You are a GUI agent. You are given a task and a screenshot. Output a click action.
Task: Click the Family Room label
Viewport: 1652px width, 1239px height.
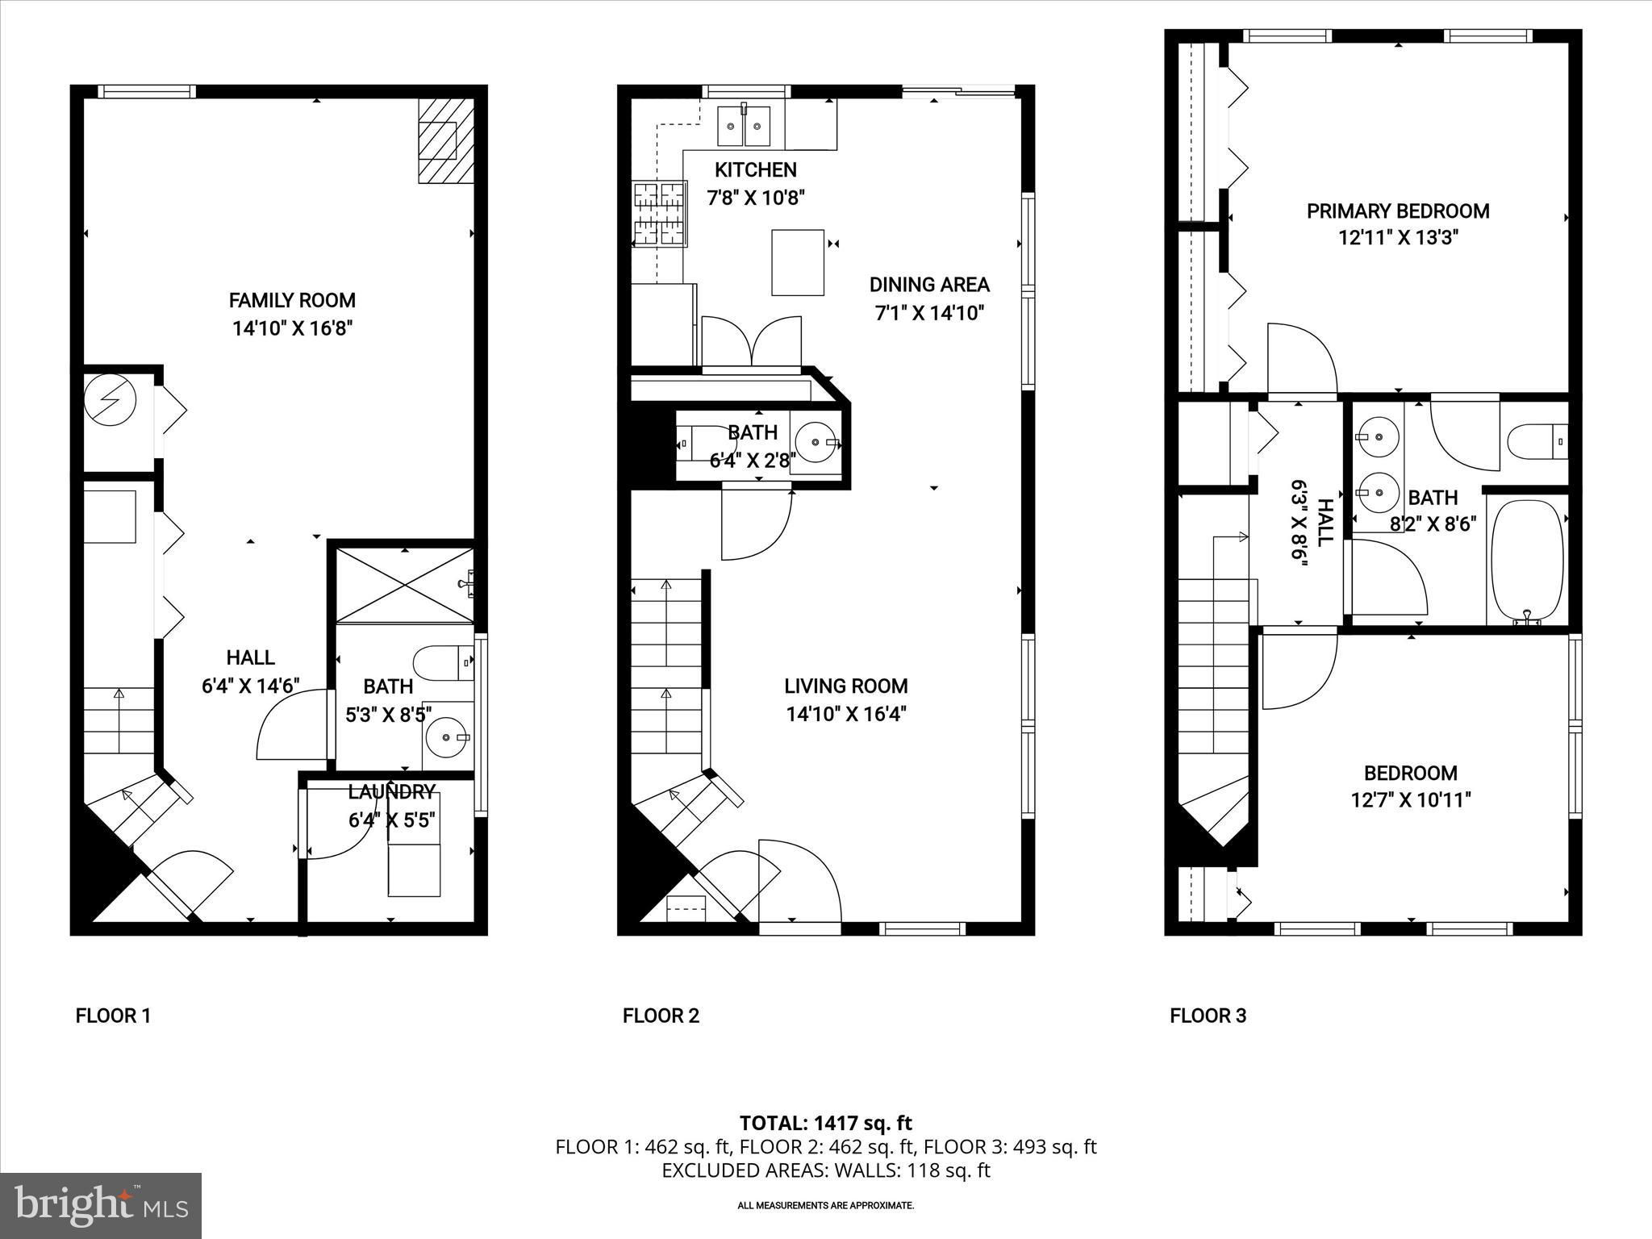292,300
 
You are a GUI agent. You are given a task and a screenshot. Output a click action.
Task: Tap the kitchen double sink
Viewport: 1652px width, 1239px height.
744,126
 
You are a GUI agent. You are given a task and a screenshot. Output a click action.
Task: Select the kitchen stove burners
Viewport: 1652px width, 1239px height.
660,214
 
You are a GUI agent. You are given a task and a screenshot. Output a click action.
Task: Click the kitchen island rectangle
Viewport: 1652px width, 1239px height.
798,262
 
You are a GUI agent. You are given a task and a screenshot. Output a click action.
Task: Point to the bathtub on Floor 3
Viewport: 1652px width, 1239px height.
1527,562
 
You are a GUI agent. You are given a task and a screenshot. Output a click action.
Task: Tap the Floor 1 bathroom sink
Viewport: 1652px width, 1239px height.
447,736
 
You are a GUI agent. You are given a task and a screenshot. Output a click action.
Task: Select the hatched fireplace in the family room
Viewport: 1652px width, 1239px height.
445,140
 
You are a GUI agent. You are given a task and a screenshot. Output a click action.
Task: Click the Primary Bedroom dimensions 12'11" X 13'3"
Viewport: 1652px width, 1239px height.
1398,238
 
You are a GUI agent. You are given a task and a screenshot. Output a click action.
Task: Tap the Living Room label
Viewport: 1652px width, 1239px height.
846,686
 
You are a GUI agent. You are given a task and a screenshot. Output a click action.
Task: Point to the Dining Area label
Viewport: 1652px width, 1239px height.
929,284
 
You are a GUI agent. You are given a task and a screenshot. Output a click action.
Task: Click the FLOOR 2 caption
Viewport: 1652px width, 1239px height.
661,1016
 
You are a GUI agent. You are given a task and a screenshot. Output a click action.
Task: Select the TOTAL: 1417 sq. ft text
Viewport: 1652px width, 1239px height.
826,1123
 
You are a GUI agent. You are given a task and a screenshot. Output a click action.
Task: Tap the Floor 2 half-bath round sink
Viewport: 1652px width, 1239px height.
816,442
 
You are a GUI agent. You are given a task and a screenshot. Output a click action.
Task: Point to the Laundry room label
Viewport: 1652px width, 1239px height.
392,791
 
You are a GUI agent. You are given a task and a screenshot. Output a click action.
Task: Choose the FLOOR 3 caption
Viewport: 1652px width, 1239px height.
1208,1016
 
